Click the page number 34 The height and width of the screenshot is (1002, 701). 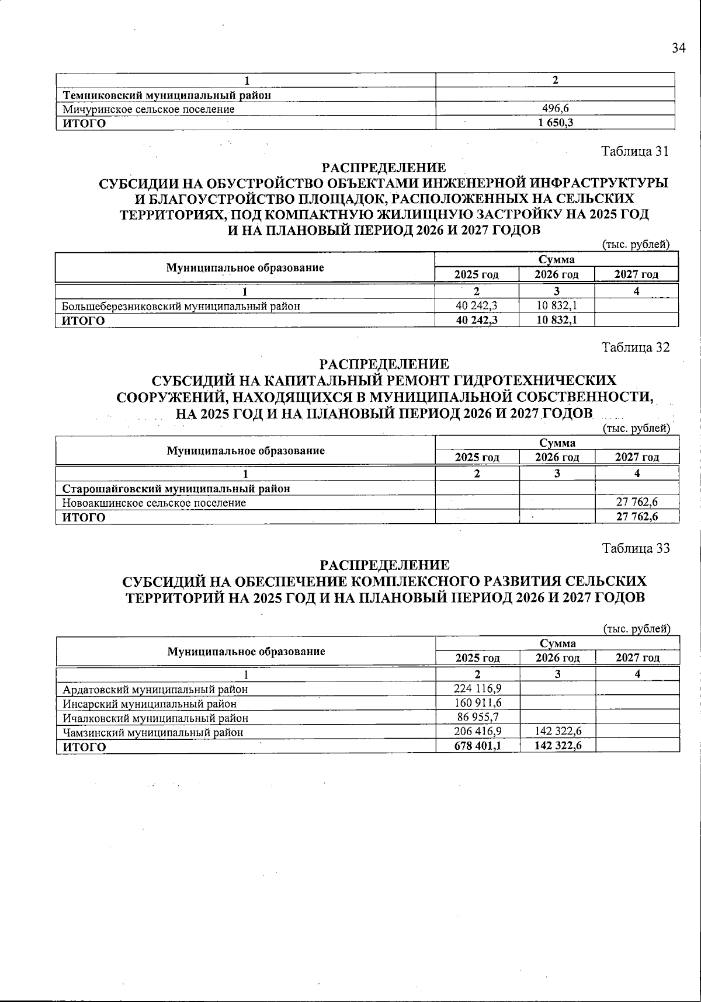[x=678, y=48]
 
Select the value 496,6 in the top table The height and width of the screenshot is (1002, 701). [x=556, y=109]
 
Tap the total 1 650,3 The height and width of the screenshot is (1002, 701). [x=556, y=123]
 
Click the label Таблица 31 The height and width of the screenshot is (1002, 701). [x=635, y=151]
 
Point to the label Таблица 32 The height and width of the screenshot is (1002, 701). [x=636, y=347]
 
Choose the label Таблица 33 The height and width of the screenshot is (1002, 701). [x=636, y=548]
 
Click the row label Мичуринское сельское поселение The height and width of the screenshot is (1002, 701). [x=149, y=109]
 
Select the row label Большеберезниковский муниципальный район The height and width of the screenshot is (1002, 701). [x=182, y=305]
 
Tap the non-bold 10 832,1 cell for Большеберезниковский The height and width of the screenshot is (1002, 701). [x=557, y=305]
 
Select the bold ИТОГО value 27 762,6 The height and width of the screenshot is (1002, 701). [x=637, y=517]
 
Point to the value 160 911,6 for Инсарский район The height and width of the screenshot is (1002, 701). [x=477, y=703]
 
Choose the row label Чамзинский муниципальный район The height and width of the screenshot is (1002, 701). [x=153, y=732]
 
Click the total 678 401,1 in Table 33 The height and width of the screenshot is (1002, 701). [x=477, y=746]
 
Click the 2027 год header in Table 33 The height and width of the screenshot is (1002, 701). [x=637, y=658]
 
